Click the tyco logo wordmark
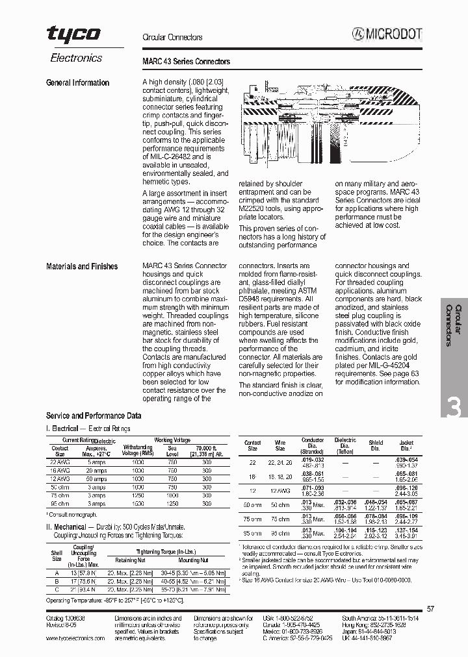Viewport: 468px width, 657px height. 73,35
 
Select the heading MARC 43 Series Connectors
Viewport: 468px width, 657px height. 186,62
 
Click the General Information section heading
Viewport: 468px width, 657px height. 77,83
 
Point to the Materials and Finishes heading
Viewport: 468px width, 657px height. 82,267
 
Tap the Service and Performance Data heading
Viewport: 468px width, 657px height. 94,415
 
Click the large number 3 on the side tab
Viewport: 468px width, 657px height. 454,408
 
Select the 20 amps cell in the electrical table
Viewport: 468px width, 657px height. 97,470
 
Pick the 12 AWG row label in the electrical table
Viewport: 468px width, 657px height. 60,478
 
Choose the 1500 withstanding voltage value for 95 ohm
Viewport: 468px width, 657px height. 138,503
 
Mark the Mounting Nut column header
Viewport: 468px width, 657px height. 194,560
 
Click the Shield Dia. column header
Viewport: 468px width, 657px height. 376,445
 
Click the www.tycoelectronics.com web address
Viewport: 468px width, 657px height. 75,638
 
